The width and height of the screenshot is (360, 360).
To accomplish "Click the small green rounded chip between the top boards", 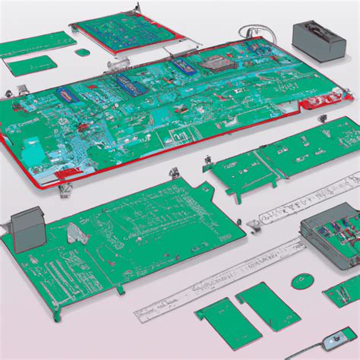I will coord(82,52).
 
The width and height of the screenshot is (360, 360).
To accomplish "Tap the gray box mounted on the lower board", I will coord(27,226).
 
